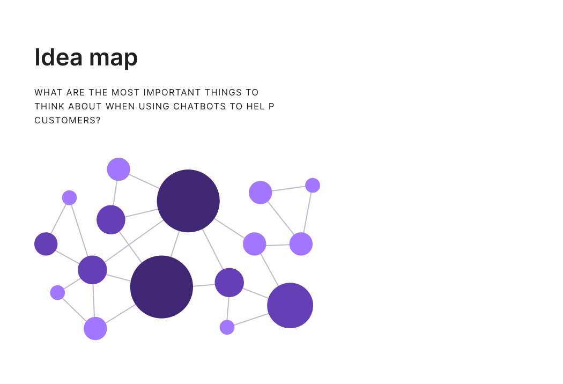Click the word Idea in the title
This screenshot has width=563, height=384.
pos(58,57)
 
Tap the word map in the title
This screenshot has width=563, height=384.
pos(113,59)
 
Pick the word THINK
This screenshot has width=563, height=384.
pos(49,106)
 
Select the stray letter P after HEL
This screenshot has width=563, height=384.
pos(271,106)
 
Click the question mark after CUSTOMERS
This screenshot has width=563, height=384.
pos(98,120)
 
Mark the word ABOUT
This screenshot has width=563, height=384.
pos(85,106)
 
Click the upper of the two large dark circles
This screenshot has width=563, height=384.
pos(188,201)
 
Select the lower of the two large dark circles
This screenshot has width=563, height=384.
pos(161,287)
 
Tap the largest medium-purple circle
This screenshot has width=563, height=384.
pos(290,305)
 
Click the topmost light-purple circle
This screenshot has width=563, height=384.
pos(118,169)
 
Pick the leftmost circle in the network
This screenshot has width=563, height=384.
pos(46,244)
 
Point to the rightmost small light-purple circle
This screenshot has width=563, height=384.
pos(313,186)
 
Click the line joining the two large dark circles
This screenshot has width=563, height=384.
pos(175,244)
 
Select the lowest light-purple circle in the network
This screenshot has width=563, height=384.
pos(95,328)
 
